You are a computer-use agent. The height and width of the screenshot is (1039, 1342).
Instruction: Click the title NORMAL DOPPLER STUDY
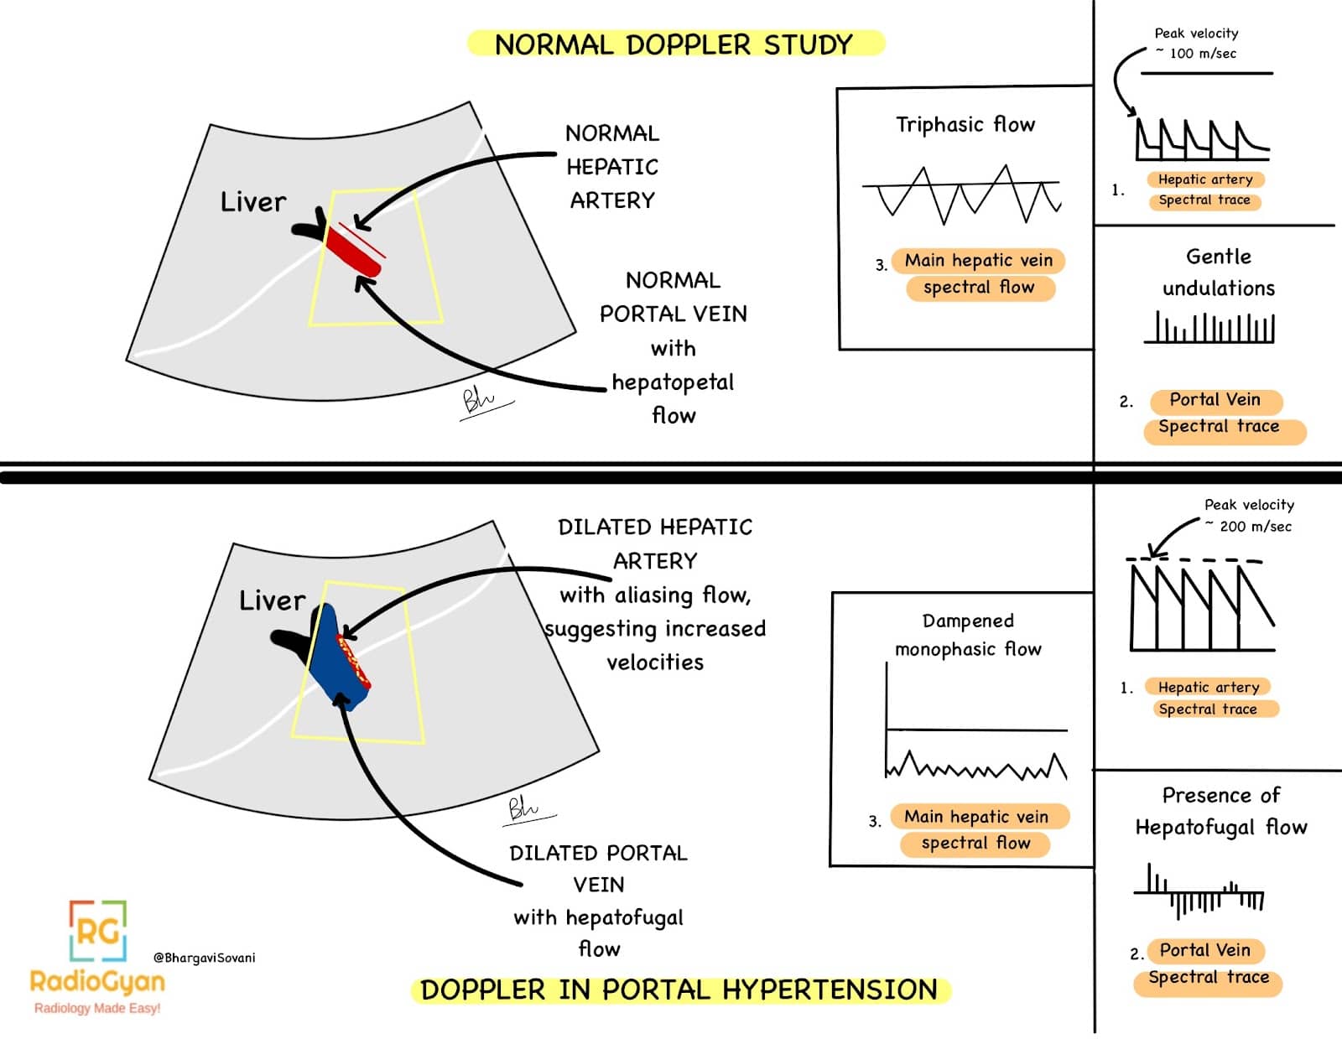coord(674,44)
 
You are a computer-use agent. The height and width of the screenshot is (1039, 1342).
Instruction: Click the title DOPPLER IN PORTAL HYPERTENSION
coord(679,990)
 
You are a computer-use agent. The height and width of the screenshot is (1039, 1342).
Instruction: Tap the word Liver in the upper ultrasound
coord(252,202)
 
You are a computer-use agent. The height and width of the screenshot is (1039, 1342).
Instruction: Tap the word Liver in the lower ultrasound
coord(272,600)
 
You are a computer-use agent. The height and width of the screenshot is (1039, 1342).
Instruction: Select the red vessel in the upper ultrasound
coord(352,251)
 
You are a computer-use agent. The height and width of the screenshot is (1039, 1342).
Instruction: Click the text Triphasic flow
coord(965,125)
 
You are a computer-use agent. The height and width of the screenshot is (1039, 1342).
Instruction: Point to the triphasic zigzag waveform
coord(961,195)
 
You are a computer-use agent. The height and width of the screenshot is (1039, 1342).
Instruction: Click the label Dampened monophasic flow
coord(968,635)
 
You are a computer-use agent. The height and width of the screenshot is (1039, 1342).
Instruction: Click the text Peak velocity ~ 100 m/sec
coord(1195,44)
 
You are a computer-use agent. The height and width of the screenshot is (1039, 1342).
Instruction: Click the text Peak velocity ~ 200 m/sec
coord(1249,516)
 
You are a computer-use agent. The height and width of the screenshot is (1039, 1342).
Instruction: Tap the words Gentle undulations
coord(1218,273)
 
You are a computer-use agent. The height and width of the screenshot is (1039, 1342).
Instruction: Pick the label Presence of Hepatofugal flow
coord(1220,811)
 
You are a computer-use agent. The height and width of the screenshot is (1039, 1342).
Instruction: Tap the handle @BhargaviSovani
coord(205,958)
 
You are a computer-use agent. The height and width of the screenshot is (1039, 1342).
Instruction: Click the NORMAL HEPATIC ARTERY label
coord(612,167)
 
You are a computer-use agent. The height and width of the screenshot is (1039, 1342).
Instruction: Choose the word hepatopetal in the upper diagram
coord(673,382)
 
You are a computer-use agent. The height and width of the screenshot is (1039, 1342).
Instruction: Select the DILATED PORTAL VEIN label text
coord(598,869)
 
